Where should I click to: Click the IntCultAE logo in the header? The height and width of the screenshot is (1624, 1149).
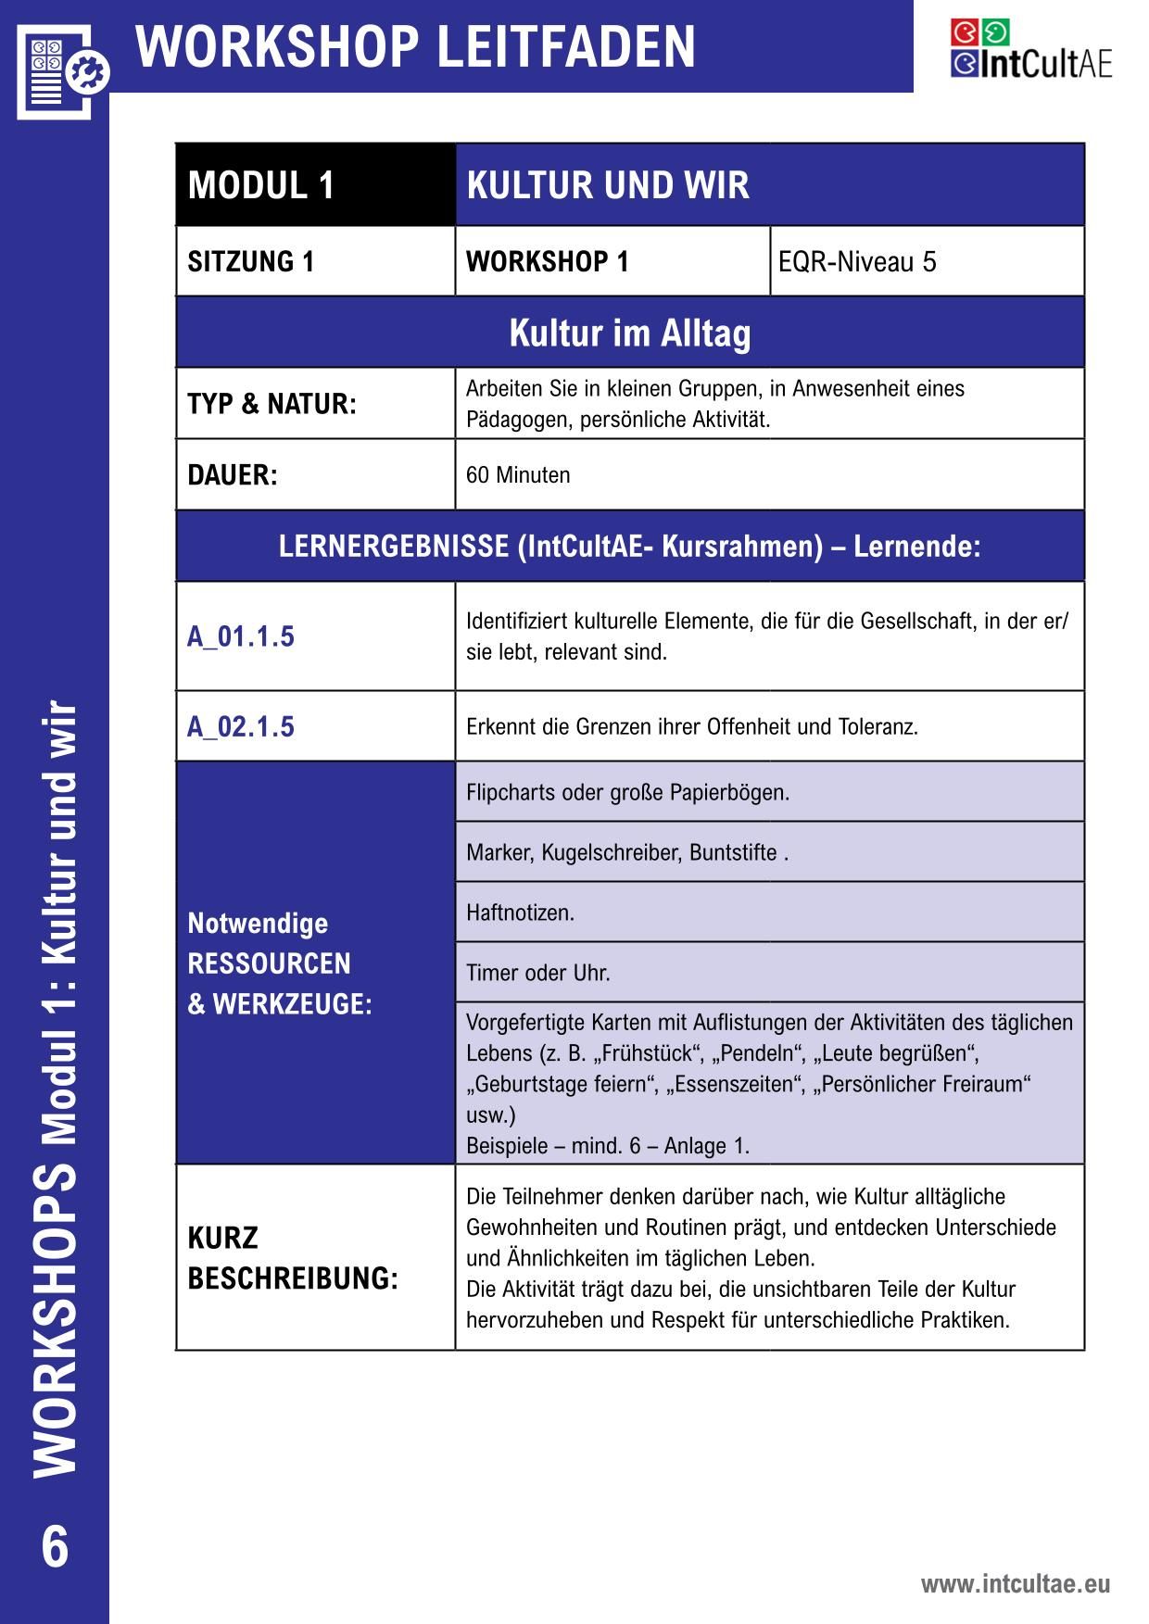(1030, 50)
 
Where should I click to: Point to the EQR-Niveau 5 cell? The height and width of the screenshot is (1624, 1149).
(857, 262)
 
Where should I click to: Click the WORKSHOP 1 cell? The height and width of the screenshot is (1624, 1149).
(548, 262)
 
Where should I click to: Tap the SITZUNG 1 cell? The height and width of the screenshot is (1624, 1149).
(251, 262)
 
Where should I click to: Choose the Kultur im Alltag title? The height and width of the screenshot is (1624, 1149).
(630, 333)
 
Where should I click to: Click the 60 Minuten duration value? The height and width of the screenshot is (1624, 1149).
(518, 475)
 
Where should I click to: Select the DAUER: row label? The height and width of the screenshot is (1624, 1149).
(233, 475)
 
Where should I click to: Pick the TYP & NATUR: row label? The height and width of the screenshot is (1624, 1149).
(271, 404)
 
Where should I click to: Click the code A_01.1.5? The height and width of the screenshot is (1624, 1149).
(241, 636)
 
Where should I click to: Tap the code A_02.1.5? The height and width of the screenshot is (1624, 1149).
(241, 726)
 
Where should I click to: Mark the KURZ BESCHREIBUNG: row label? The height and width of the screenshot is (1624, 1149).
(292, 1258)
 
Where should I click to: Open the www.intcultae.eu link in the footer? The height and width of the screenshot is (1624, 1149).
(1015, 1584)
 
